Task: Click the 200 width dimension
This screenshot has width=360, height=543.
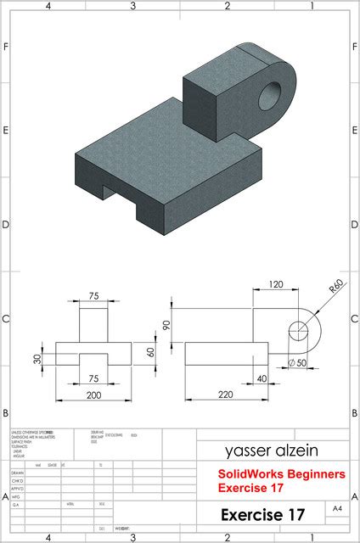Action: tap(93, 395)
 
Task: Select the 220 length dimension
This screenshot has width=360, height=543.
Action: tap(225, 395)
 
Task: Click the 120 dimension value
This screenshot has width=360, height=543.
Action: tap(276, 284)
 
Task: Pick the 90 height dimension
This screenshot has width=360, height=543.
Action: tap(166, 325)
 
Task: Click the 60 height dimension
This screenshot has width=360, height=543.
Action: tap(151, 351)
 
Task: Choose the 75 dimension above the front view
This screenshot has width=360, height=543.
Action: tap(93, 297)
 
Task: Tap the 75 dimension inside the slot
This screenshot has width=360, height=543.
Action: tap(93, 378)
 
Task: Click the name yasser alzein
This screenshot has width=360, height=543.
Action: tap(272, 451)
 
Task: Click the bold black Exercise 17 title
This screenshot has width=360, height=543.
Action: tap(262, 514)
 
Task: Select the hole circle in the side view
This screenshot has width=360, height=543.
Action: tap(300, 329)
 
